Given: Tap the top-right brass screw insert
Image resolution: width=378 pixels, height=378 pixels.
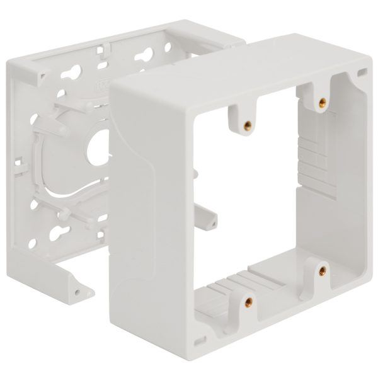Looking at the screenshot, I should click(322, 99).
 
